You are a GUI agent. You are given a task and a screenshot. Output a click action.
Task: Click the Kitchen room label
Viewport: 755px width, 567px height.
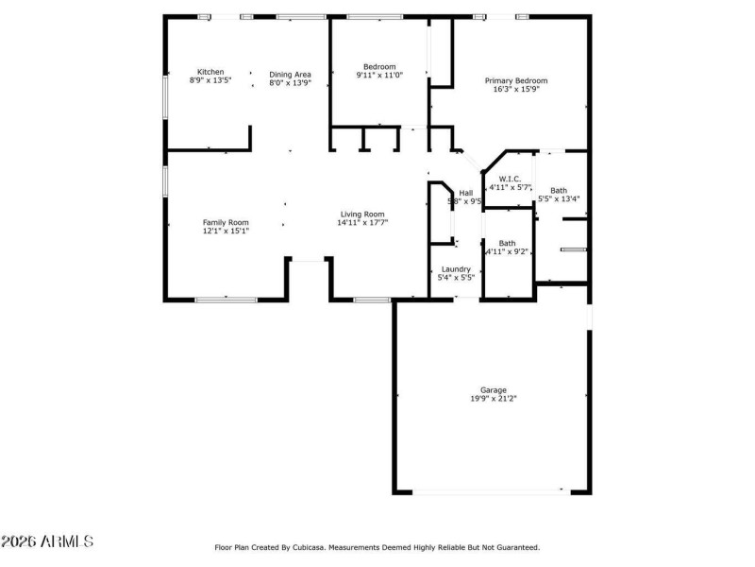(210, 72)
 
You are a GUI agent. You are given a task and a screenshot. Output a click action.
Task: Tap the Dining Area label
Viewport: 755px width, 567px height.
(290, 74)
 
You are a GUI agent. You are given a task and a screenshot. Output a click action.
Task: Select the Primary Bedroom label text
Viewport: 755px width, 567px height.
(516, 80)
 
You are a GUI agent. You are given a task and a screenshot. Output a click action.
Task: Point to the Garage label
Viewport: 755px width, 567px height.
(494, 389)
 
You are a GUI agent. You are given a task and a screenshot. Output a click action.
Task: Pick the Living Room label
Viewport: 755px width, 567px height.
(362, 214)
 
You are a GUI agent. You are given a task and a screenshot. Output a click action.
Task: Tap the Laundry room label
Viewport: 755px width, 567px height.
(456, 269)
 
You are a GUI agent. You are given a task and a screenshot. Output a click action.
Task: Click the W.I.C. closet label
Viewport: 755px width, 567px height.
(510, 178)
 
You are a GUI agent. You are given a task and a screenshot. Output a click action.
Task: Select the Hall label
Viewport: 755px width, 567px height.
(465, 192)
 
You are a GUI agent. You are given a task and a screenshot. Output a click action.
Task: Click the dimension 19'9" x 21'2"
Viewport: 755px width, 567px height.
(494, 399)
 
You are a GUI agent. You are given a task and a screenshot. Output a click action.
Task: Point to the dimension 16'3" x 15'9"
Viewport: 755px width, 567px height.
(516, 90)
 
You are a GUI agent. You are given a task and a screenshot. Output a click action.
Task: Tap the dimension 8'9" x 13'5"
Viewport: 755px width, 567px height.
(210, 81)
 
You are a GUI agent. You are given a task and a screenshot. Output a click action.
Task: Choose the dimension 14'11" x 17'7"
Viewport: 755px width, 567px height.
(362, 223)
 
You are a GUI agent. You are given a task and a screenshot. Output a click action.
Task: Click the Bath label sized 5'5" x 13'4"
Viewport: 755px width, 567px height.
(559, 190)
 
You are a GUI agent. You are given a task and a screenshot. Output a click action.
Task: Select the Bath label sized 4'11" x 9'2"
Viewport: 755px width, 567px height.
(507, 243)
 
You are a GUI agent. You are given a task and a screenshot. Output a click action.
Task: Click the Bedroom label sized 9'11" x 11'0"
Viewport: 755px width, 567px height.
(379, 66)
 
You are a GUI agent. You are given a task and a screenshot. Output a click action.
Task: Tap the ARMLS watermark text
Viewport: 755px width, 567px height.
(47, 541)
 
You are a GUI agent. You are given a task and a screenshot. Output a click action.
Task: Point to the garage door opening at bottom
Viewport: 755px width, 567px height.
(491, 490)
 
